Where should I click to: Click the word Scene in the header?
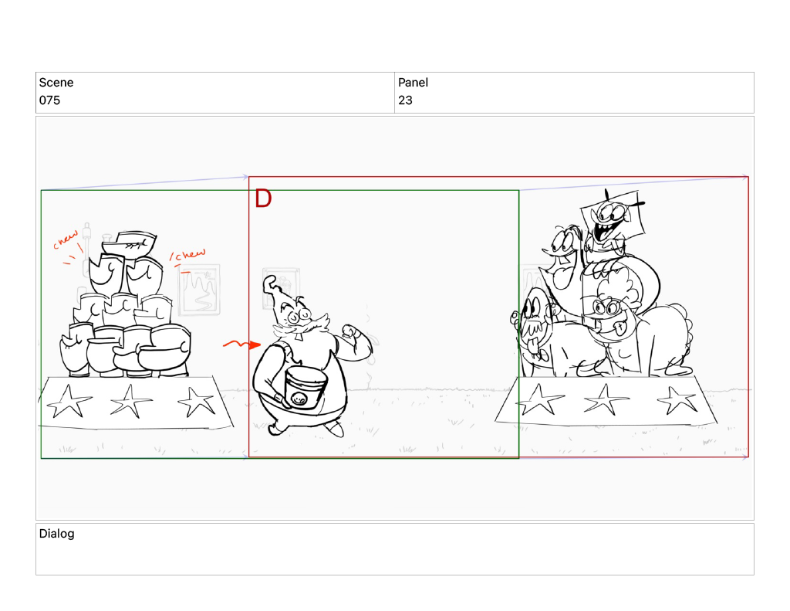[56, 82]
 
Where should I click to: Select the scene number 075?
[49, 100]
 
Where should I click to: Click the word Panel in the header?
[413, 82]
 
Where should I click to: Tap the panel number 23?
[405, 100]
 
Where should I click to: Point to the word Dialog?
[56, 533]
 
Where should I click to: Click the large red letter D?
[263, 199]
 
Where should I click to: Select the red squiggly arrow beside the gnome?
[241, 345]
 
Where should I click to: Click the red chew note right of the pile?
[188, 256]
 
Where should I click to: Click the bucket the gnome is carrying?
[305, 387]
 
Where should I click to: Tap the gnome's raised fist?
[351, 332]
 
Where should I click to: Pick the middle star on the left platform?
[130, 401]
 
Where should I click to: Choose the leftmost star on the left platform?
[69, 402]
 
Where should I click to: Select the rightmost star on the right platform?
[677, 400]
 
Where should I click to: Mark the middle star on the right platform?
[606, 399]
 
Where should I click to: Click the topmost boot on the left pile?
[130, 243]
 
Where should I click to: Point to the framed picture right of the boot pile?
[200, 290]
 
